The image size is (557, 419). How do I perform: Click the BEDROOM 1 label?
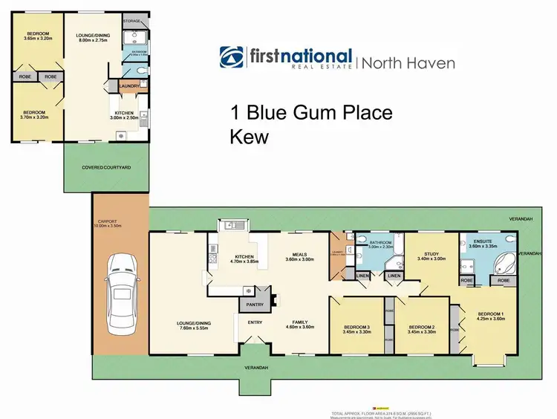pyautogui.click(x=490, y=314)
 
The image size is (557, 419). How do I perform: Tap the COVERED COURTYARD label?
pyautogui.click(x=106, y=168)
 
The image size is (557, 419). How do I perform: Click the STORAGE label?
pyautogui.click(x=132, y=22)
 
